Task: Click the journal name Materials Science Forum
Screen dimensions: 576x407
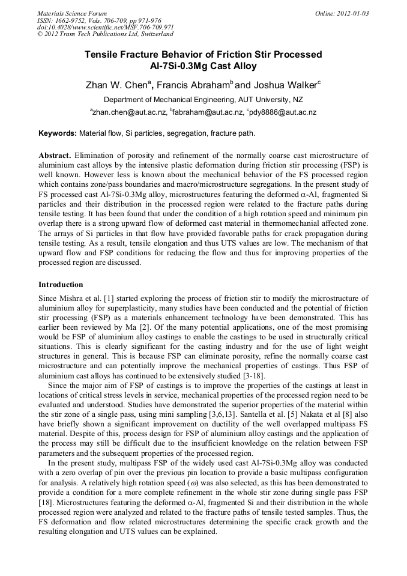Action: coord(72,13)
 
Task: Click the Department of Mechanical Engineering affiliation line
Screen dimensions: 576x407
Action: coord(203,99)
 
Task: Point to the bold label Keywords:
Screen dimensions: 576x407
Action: coord(57,133)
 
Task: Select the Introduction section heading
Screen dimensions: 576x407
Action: coord(61,284)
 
